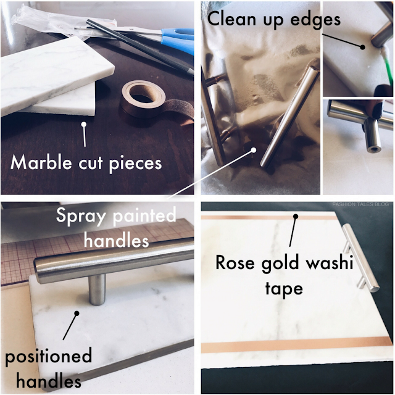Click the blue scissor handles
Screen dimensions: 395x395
(178, 40)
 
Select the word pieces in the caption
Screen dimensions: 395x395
(135, 164)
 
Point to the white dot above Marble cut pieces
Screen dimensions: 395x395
(84, 124)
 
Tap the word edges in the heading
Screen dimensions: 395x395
(315, 20)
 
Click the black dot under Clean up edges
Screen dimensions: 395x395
(362, 47)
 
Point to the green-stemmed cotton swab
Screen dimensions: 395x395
(385, 65)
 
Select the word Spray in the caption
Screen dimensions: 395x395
(80, 216)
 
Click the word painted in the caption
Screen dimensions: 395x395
(144, 215)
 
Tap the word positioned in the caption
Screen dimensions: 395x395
(48, 357)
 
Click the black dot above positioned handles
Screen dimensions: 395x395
(77, 314)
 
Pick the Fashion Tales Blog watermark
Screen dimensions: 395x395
(360, 204)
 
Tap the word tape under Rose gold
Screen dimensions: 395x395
(284, 289)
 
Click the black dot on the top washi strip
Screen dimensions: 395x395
(296, 217)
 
